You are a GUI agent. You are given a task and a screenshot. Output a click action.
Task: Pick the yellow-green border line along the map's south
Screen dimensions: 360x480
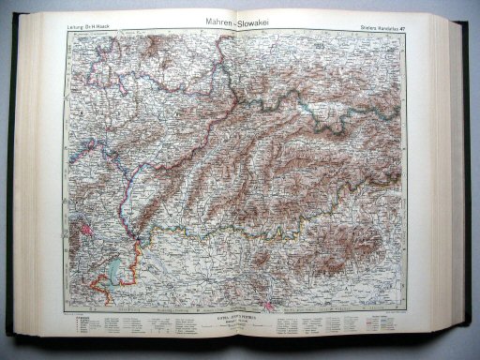234,234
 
